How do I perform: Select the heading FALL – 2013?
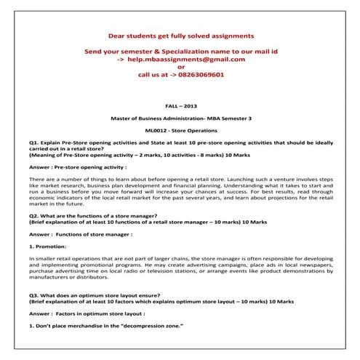[x=181, y=105]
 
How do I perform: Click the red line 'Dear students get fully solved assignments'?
[x=181, y=35]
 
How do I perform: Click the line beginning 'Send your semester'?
[x=181, y=51]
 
